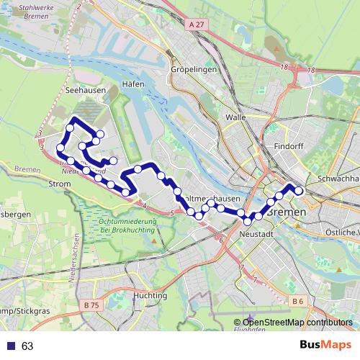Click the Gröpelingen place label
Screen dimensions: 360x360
click(x=194, y=70)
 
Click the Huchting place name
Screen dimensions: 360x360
click(x=150, y=295)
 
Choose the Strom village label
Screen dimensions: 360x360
click(x=58, y=184)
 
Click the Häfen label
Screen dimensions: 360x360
click(x=134, y=84)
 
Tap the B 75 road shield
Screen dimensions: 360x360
click(x=91, y=305)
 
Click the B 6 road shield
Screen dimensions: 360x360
click(x=297, y=300)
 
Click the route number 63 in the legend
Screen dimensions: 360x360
click(x=27, y=346)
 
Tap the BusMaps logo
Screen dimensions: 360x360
click(x=325, y=345)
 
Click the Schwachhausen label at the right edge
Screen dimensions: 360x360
click(x=338, y=178)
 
